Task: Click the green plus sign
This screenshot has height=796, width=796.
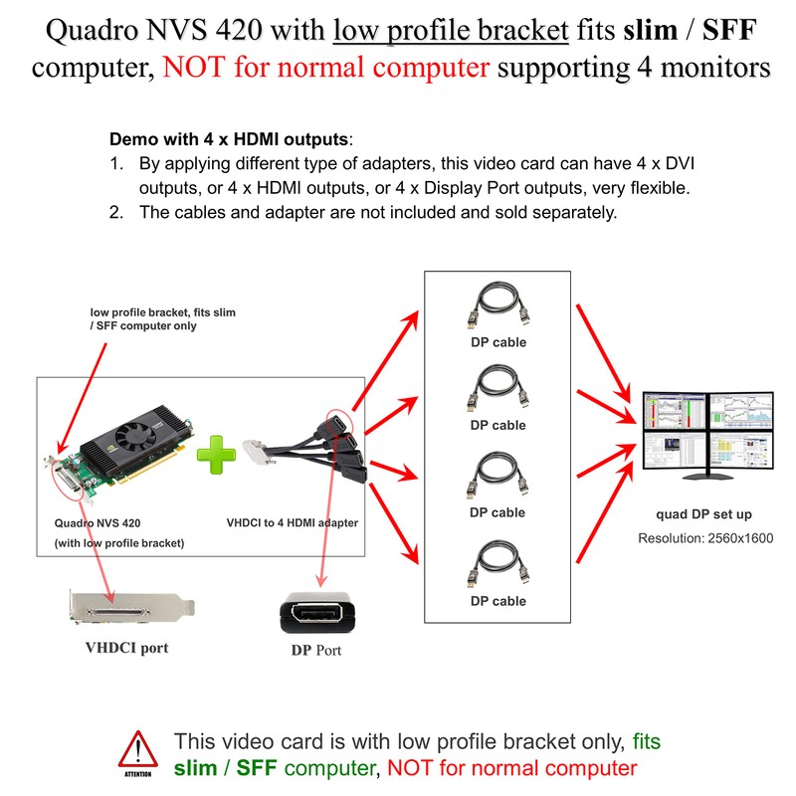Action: click(216, 455)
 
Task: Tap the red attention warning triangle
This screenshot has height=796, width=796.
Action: click(138, 749)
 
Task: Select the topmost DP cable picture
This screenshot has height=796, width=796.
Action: click(498, 306)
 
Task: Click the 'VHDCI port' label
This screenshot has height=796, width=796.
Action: click(126, 648)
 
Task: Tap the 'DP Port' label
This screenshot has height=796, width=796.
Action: click(316, 651)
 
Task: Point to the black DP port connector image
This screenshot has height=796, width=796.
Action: click(317, 613)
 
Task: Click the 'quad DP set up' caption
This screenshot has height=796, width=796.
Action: click(703, 514)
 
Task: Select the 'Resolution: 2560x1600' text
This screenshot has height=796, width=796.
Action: click(705, 538)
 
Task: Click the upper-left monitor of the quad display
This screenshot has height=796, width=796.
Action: click(675, 411)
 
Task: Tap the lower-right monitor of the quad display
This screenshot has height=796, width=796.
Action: click(740, 450)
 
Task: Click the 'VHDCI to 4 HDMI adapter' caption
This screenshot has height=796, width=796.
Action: click(293, 523)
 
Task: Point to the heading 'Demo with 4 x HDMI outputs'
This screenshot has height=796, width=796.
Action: click(229, 139)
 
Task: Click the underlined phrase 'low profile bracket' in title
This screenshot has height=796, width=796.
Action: click(451, 30)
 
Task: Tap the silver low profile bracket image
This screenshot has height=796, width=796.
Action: click(132, 608)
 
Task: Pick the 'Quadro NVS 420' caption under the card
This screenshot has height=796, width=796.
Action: click(98, 523)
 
